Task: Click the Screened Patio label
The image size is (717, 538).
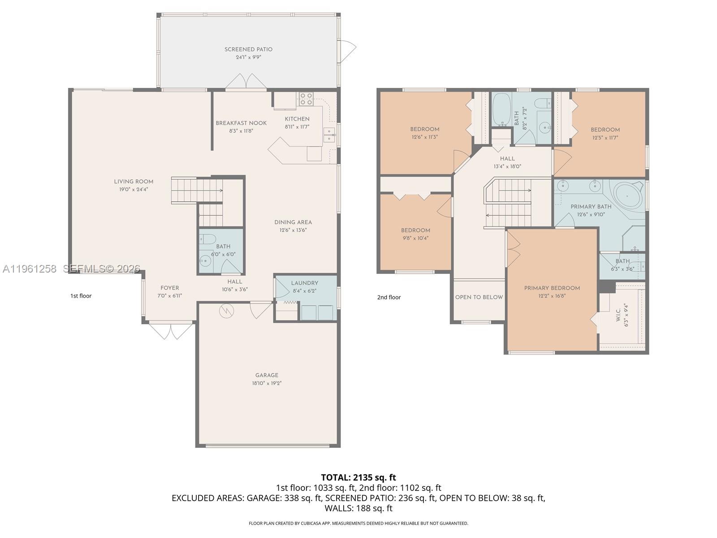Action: coord(248,49)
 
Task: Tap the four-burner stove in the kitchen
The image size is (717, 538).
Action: coord(306,99)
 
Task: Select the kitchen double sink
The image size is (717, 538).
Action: coord(329,135)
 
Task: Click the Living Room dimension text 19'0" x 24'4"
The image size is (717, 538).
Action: coord(133,190)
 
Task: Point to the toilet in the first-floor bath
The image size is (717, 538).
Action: coord(207,239)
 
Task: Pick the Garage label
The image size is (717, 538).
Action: coord(267,375)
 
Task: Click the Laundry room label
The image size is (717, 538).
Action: coord(304,283)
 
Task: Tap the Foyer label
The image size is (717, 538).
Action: coord(169,288)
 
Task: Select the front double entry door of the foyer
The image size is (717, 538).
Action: coord(171,330)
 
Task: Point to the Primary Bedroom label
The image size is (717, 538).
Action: coord(552,288)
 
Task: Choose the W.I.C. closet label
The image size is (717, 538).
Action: coord(618,315)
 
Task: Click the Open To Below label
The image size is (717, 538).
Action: coord(479,297)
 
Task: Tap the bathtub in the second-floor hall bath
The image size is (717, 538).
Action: coord(501,109)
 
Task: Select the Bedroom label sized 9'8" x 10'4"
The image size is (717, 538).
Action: coord(415,230)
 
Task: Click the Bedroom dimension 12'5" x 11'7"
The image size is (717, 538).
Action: coord(605,138)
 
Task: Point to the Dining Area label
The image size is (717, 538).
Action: coord(293,222)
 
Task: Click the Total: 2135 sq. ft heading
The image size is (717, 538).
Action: coord(358,477)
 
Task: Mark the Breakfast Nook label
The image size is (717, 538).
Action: coord(241,123)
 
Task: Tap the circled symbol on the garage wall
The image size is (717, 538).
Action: coord(226,311)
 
